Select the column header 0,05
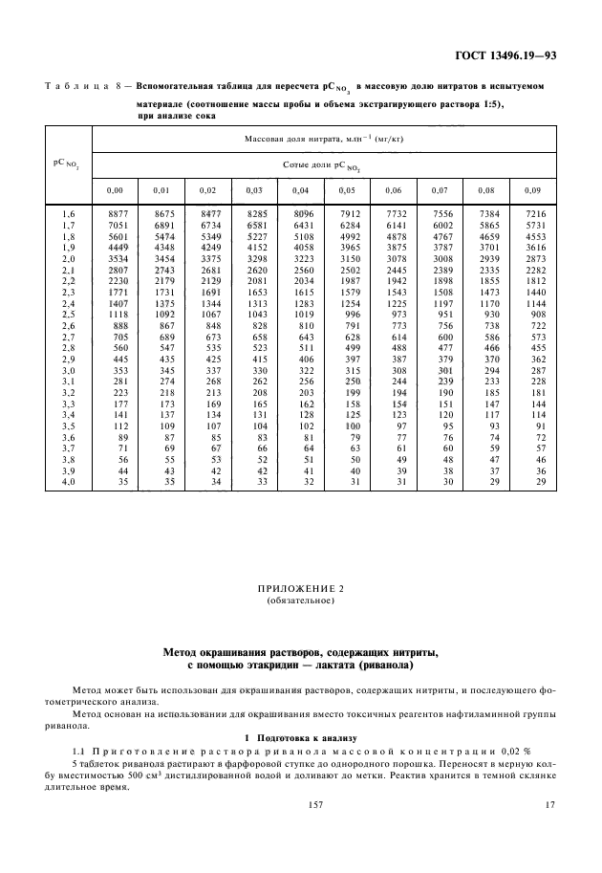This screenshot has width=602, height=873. (x=341, y=188)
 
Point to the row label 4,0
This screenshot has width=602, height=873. (x=68, y=482)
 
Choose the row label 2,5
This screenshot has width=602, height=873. (x=68, y=315)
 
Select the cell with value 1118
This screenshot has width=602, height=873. (x=118, y=315)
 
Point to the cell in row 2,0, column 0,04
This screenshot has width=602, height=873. (x=303, y=259)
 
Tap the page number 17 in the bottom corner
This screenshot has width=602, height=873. (x=549, y=834)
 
